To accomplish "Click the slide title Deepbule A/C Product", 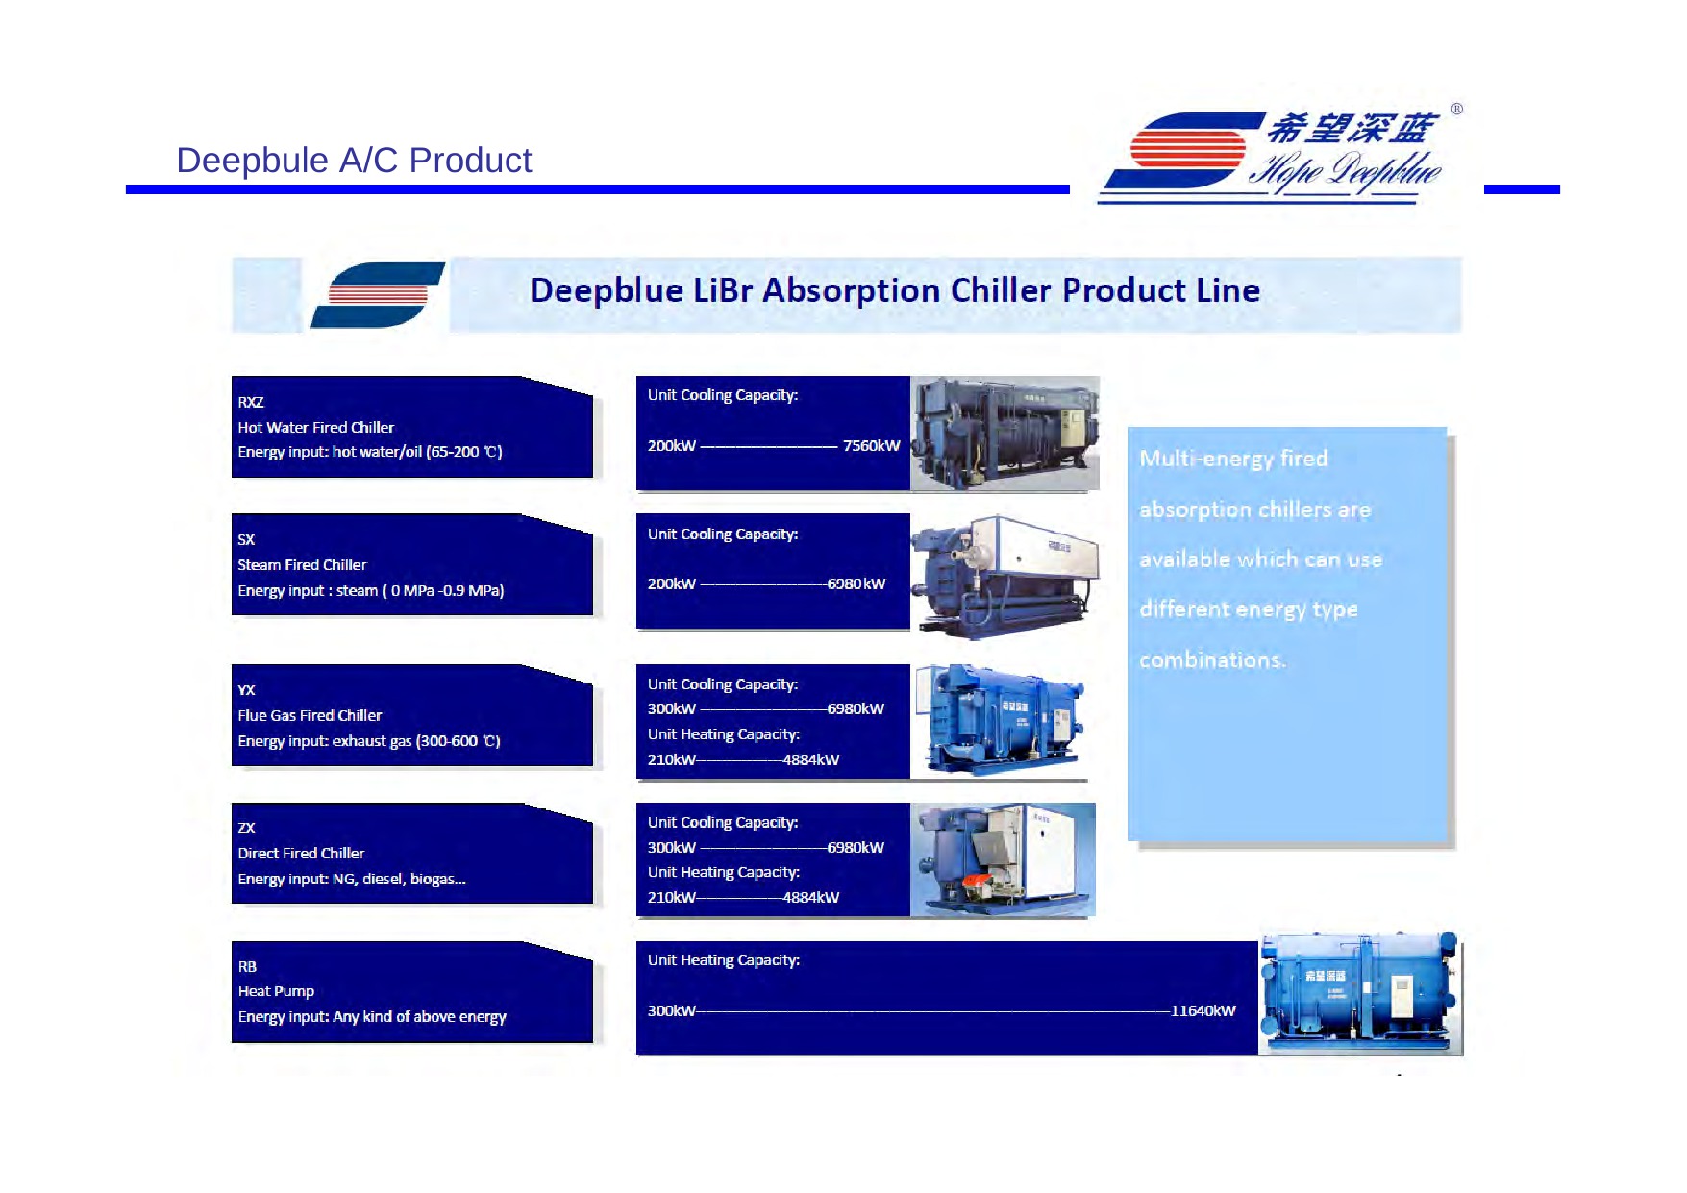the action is pos(354,161).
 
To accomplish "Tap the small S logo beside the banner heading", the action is pos(378,294).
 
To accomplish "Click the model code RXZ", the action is pos(251,402).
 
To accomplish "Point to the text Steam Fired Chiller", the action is pos(302,565).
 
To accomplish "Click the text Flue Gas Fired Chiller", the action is pos(310,715).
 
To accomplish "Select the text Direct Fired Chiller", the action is pos(301,854).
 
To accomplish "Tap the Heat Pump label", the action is pos(276,991).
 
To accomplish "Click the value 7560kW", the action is pos(871,446).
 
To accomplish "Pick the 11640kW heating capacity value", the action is pos(1203,1011).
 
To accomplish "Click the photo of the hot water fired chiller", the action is pos(1005,434).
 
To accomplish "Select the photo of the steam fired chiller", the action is pos(1005,576).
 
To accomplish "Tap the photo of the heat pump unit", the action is pos(1360,993).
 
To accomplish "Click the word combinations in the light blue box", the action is pos(1211,660).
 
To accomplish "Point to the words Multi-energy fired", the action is pos(1233,459).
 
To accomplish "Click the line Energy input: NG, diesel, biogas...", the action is pos(352,880).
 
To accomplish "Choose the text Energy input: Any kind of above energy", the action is pos(372,1017).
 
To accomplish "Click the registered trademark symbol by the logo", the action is pos(1456,110).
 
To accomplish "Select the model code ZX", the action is pos(247,828).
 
